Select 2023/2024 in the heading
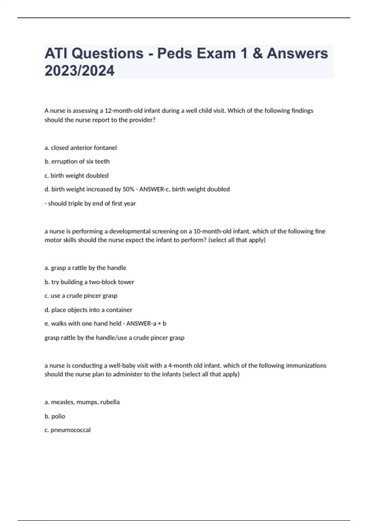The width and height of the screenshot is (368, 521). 79,70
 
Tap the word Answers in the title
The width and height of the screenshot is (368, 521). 297,53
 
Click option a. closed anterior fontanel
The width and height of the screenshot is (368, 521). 81,148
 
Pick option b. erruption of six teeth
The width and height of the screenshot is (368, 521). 77,161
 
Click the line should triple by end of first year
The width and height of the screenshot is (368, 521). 90,203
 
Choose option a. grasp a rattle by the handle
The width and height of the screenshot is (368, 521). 85,268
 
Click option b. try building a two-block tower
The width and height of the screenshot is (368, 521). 89,282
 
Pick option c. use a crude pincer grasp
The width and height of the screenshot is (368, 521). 81,295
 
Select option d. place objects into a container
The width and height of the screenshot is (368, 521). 88,310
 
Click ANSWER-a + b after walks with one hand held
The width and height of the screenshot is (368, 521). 146,323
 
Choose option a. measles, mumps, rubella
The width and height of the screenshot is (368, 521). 82,402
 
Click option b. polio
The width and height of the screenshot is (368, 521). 55,416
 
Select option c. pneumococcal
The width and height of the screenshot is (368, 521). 67,430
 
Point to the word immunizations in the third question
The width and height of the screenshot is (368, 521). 306,365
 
